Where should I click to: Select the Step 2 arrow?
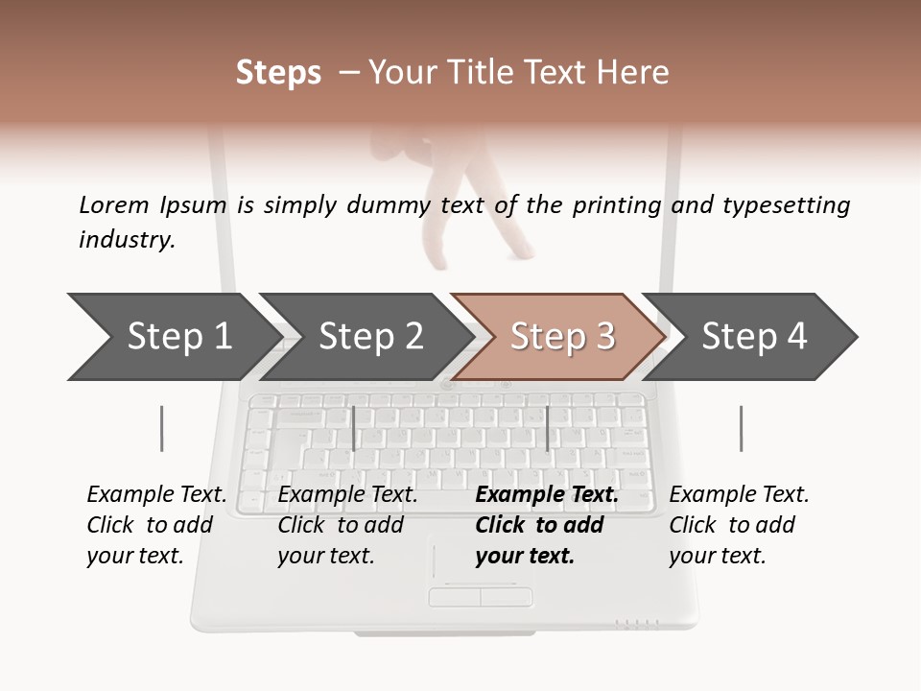tap(370, 337)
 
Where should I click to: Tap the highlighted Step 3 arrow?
tap(562, 337)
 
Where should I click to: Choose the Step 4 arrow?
tap(754, 337)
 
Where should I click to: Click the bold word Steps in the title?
tap(278, 73)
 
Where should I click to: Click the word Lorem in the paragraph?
tap(113, 204)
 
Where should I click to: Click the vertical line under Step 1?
tap(161, 428)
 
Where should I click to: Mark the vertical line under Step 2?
tap(354, 428)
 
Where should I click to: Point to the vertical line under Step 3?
tap(547, 428)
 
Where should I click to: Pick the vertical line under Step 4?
tap(741, 428)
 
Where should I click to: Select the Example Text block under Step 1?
tap(156, 525)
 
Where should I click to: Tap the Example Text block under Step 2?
tap(347, 525)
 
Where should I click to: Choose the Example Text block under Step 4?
tap(739, 525)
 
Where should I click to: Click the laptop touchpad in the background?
tap(480, 566)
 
